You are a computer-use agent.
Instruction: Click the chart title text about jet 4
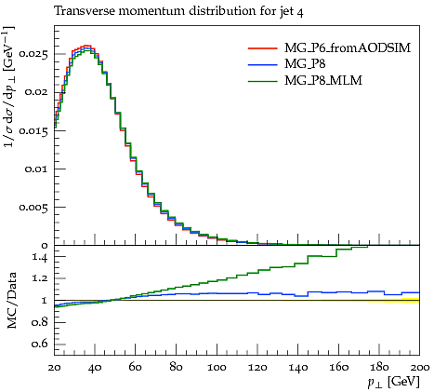(178, 11)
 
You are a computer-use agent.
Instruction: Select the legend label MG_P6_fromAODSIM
(348, 47)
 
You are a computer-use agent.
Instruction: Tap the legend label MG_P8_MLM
(323, 80)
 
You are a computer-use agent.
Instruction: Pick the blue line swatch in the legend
(262, 64)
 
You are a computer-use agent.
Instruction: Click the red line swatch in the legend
(262, 48)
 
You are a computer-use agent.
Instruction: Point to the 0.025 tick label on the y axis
(33, 54)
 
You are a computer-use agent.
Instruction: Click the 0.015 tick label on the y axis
(33, 130)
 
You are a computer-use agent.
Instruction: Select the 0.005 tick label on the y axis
(33, 207)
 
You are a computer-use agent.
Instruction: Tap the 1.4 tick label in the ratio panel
(40, 257)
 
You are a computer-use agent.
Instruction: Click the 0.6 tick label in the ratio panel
(40, 344)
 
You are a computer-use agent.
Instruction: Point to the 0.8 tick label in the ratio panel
(40, 322)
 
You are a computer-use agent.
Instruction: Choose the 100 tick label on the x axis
(217, 368)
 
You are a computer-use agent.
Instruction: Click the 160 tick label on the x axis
(338, 368)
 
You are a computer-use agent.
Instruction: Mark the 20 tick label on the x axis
(55, 368)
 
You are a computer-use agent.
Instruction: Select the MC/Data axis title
(11, 301)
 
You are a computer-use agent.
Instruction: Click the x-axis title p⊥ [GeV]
(393, 382)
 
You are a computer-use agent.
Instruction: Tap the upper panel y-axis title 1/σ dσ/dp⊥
(9, 87)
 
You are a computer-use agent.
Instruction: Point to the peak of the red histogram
(86, 46)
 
